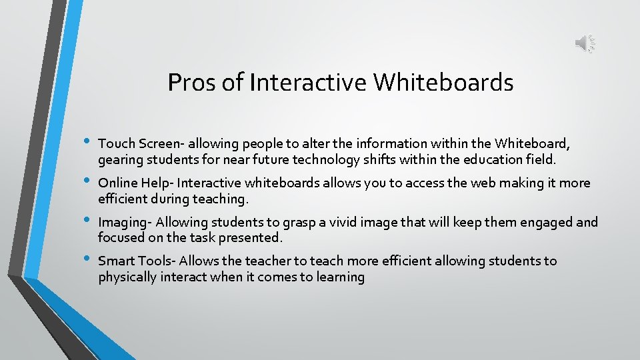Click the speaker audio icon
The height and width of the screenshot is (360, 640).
[585, 44]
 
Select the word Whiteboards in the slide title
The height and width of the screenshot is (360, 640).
[443, 83]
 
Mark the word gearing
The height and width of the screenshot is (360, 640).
[120, 160]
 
